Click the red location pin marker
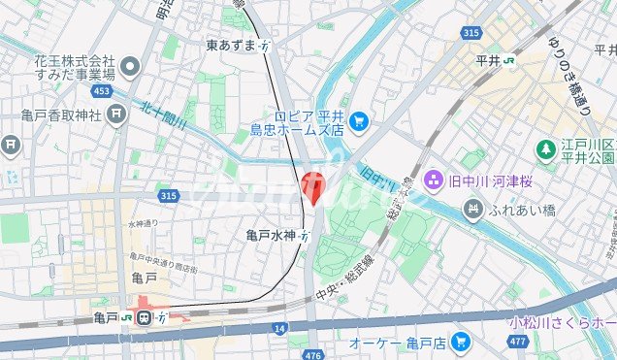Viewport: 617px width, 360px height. (313, 184)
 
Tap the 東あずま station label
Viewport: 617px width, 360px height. (232, 46)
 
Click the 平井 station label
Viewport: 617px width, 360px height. (489, 60)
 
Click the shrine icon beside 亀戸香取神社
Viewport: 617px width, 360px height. (117, 115)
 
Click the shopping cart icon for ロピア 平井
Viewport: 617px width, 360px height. (359, 120)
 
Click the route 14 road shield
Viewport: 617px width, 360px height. (279, 330)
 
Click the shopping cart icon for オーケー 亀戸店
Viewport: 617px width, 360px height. (461, 342)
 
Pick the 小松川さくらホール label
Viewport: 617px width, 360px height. (563, 321)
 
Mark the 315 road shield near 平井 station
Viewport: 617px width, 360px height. (471, 33)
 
